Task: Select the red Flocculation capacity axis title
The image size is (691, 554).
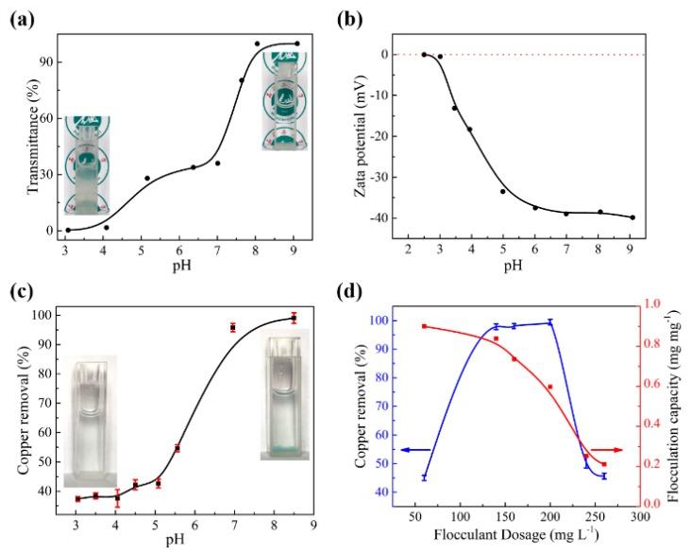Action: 679,407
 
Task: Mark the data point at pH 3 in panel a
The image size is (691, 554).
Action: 68,230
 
